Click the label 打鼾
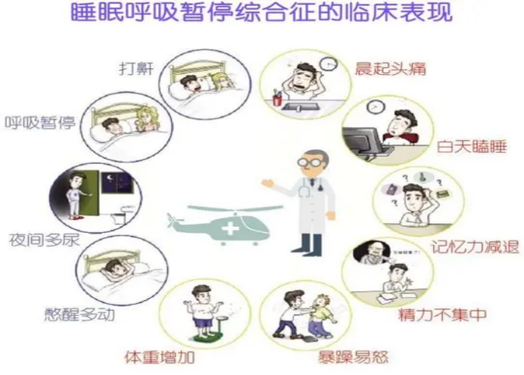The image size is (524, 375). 137,67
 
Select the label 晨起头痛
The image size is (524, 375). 390,69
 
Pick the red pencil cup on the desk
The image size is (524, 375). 278,98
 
